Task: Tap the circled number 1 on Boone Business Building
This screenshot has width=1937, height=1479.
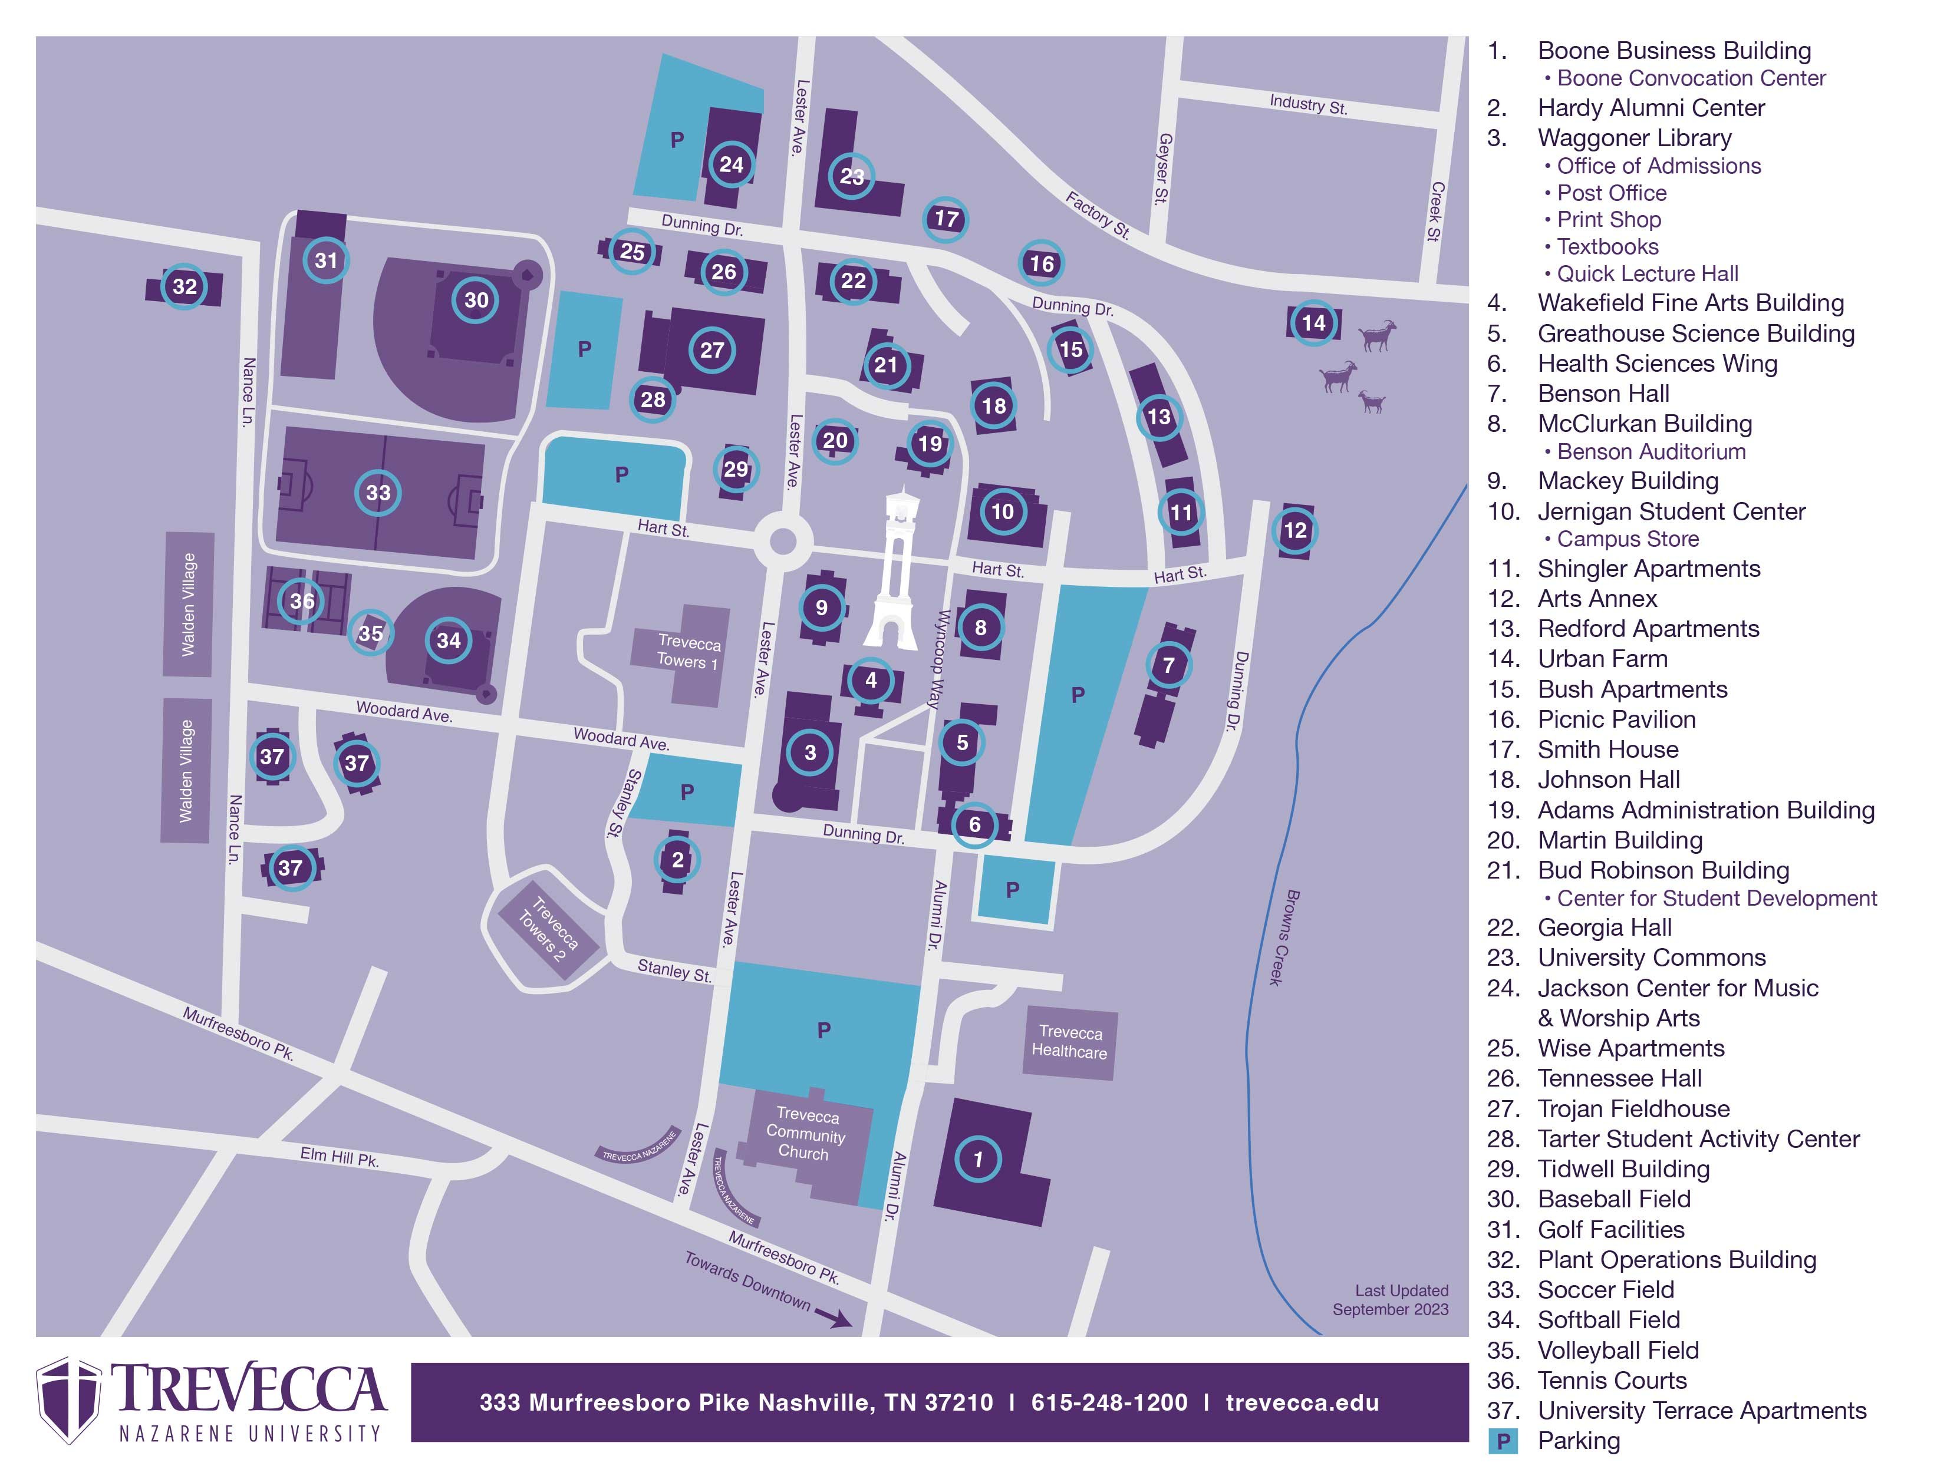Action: point(977,1160)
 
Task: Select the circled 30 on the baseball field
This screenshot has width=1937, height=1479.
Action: point(476,300)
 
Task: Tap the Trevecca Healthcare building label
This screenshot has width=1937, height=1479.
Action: point(1070,1042)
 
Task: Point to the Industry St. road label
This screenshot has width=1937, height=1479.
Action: point(1307,105)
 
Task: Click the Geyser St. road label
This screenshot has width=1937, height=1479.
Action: point(1164,169)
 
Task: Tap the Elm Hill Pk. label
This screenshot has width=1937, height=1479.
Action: point(339,1157)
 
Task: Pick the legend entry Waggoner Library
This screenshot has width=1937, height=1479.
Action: point(1634,138)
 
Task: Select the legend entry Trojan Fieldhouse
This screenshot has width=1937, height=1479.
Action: point(1633,1108)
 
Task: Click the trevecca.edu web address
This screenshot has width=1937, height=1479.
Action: point(1302,1402)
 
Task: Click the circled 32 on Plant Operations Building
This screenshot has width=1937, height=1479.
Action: point(184,286)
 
